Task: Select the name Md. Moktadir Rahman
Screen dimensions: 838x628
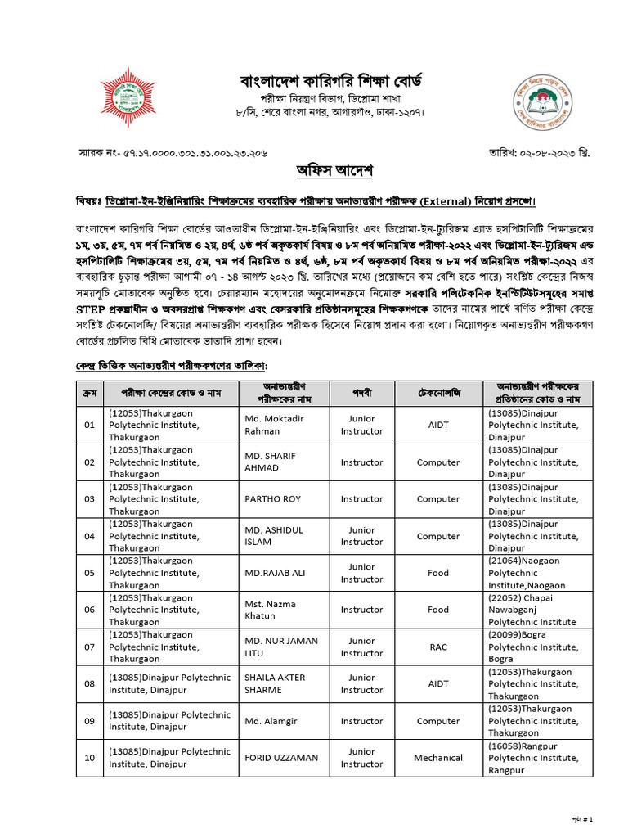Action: tap(274, 425)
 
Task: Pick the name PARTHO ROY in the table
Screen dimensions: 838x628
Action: tap(272, 498)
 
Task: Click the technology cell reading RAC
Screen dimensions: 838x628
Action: tap(438, 647)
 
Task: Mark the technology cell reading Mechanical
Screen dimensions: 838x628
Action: tap(438, 758)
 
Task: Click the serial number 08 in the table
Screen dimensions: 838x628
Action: tap(89, 684)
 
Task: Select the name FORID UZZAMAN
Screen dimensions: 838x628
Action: tap(281, 758)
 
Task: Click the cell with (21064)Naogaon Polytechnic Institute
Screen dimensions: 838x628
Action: tap(536, 573)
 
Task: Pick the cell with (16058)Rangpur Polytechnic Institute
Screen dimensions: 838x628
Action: tap(536, 758)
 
